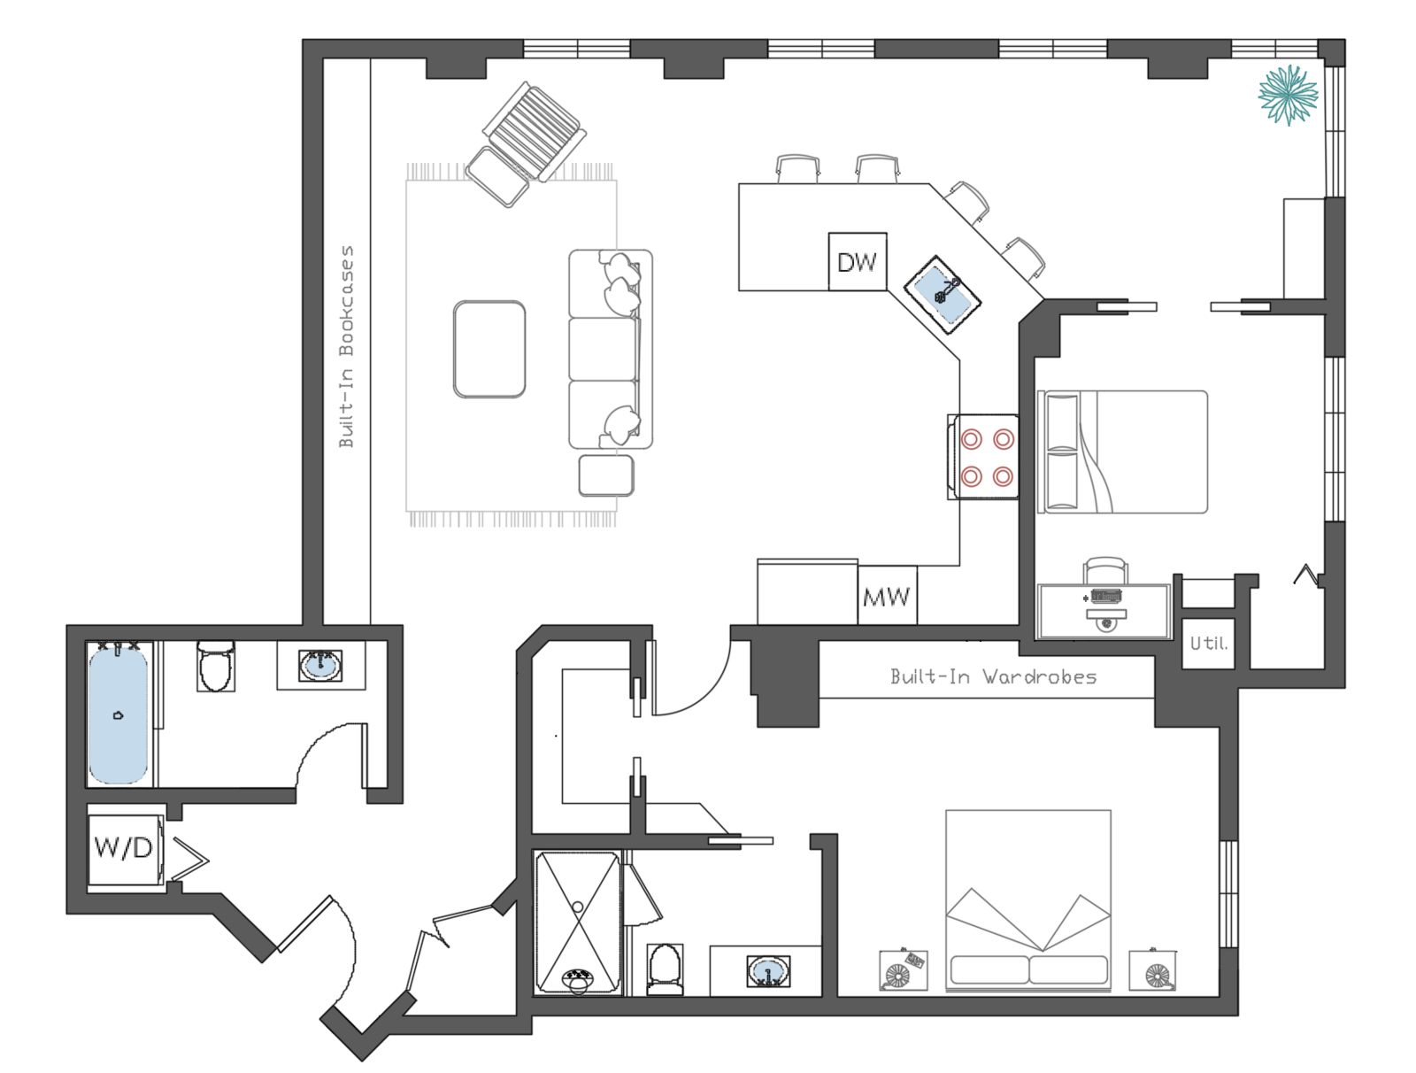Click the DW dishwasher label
point(857,262)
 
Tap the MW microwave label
point(886,598)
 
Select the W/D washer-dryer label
point(123,848)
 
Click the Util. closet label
point(1208,644)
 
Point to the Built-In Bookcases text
point(346,346)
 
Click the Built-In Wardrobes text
point(993,677)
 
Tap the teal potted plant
point(1288,94)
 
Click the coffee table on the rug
point(489,349)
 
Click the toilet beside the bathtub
point(215,667)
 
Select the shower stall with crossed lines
point(578,921)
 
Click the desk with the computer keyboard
point(1104,609)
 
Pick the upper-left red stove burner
point(972,439)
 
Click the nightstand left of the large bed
point(903,970)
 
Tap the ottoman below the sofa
point(606,475)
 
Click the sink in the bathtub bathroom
point(320,665)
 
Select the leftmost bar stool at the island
point(797,168)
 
